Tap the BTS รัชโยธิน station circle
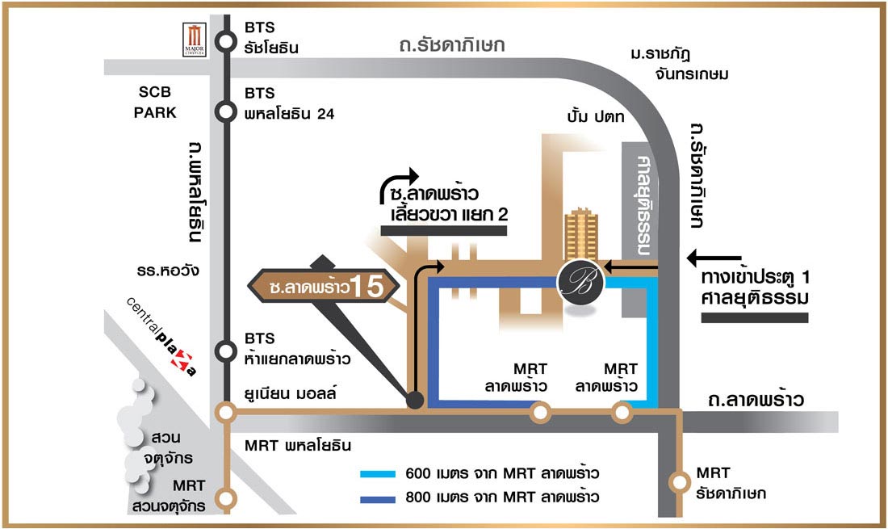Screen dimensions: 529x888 [x=227, y=37]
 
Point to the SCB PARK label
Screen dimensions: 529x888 [x=155, y=103]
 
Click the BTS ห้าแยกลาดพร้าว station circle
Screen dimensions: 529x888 [x=227, y=351]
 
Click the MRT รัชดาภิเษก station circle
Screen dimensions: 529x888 [x=678, y=483]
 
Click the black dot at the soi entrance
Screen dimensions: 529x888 [x=415, y=399]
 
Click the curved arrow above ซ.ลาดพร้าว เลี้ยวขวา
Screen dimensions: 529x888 [x=399, y=184]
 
